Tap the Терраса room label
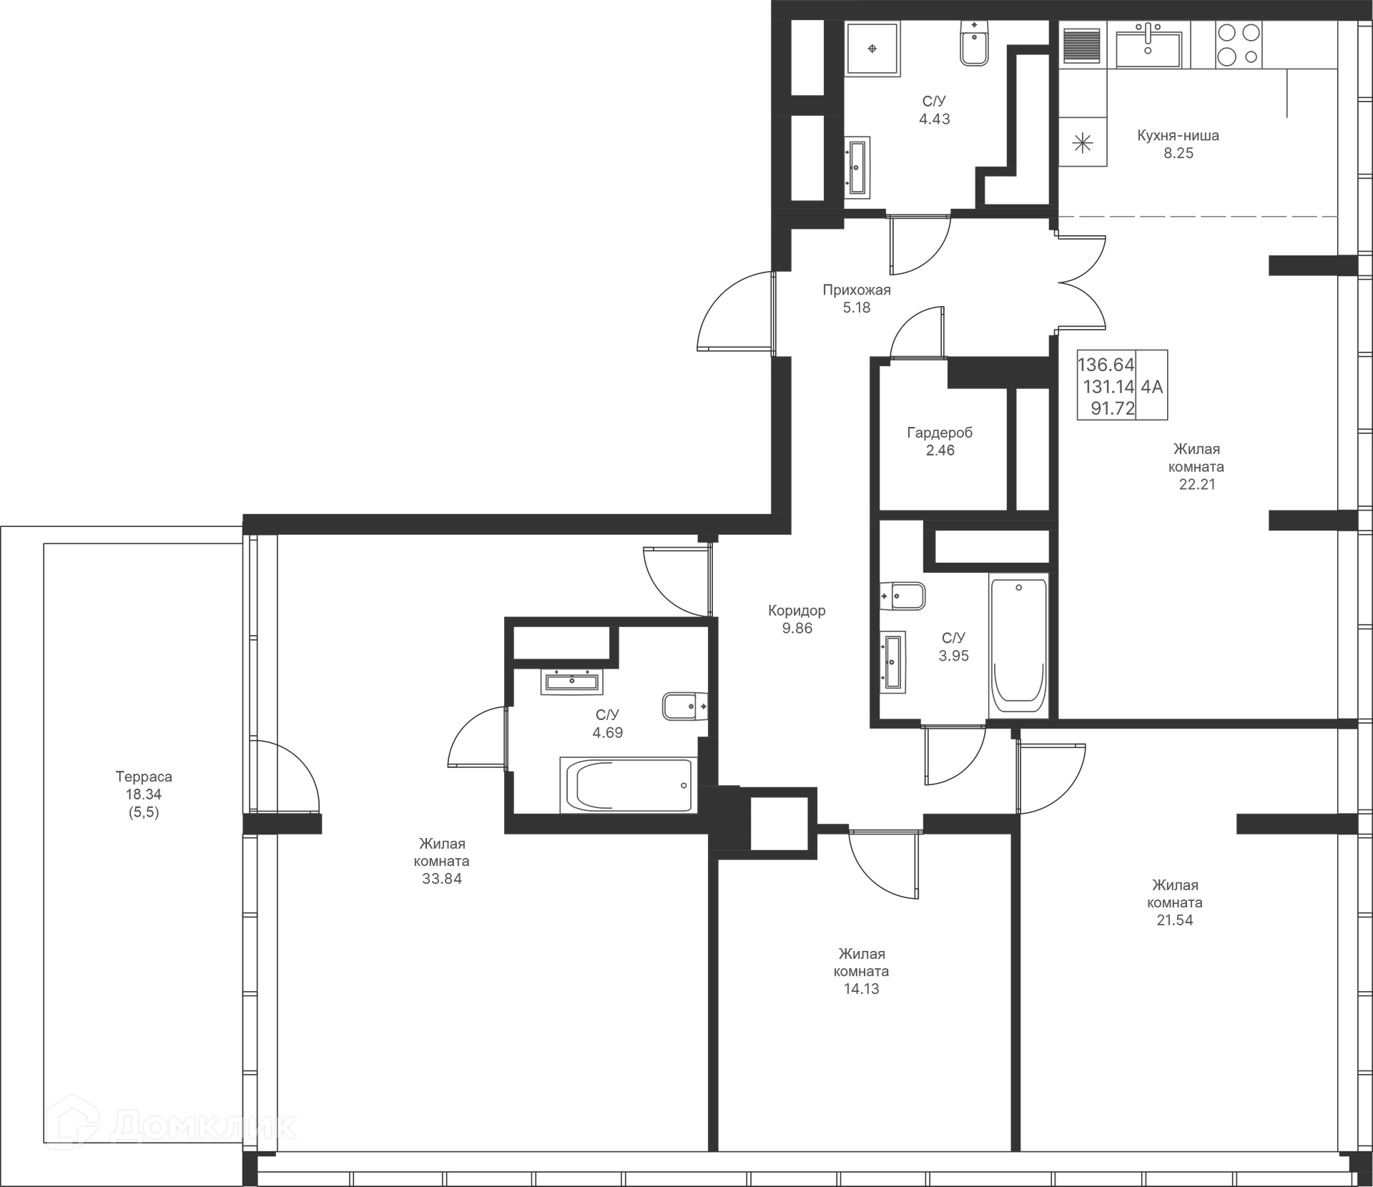point(144,777)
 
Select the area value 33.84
point(442,879)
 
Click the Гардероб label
point(940,433)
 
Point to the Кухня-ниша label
point(1178,135)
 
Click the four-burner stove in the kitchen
point(1239,44)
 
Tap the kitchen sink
point(1148,46)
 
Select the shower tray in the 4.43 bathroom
point(872,49)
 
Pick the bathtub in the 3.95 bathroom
point(1019,644)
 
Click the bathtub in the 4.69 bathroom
point(628,785)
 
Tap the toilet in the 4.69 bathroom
point(684,706)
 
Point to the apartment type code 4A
point(1152,387)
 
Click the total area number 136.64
point(1106,365)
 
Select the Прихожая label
point(857,290)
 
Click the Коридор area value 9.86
point(797,629)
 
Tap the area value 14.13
point(861,989)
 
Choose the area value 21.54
point(1175,920)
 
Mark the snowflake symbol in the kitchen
point(1083,143)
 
